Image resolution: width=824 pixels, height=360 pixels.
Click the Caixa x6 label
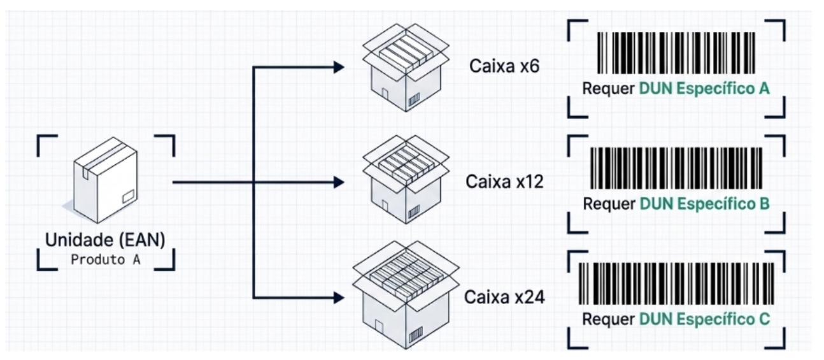click(504, 66)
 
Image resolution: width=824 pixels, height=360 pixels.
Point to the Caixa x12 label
click(504, 182)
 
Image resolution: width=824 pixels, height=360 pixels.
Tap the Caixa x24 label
click(504, 297)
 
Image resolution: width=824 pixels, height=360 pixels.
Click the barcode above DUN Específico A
click(676, 54)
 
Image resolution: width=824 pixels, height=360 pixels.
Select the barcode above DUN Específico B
click(676, 168)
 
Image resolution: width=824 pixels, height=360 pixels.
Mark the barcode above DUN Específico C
click(676, 282)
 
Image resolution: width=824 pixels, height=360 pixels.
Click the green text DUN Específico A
click(704, 89)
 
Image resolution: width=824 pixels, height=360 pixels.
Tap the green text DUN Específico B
click(704, 204)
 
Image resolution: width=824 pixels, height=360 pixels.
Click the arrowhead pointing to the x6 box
click(338, 66)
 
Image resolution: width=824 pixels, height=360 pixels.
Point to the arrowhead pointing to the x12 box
click(338, 183)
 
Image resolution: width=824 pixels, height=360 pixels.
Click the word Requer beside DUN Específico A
click(608, 89)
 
